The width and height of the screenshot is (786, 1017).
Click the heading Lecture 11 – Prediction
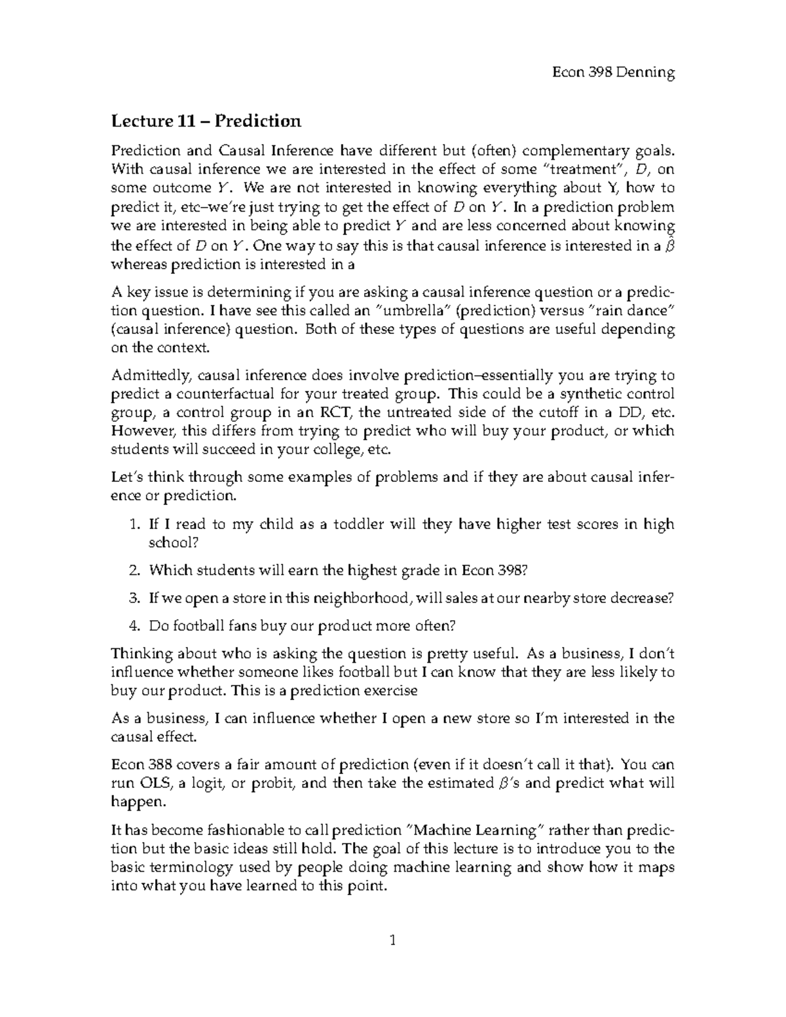(206, 121)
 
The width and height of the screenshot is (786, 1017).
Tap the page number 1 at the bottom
(393, 942)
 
